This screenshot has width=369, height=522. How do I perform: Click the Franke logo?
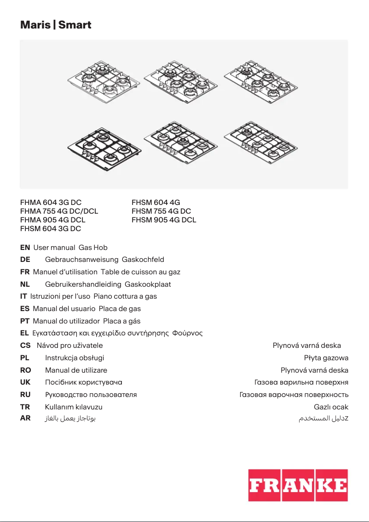click(298, 485)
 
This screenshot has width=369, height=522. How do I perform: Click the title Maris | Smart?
click(56, 25)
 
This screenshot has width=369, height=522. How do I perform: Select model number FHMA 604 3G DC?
click(51, 202)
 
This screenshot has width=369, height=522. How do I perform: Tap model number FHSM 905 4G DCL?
click(164, 220)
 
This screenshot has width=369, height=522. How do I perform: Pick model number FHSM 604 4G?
click(156, 202)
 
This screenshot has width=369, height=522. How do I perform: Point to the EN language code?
click(25, 248)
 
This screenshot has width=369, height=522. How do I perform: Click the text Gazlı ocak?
click(331, 407)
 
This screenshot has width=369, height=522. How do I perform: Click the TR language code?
click(25, 407)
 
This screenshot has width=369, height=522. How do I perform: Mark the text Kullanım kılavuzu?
click(74, 407)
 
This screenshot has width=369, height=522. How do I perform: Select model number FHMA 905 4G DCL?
click(53, 220)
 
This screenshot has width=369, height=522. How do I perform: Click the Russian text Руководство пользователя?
click(91, 394)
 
